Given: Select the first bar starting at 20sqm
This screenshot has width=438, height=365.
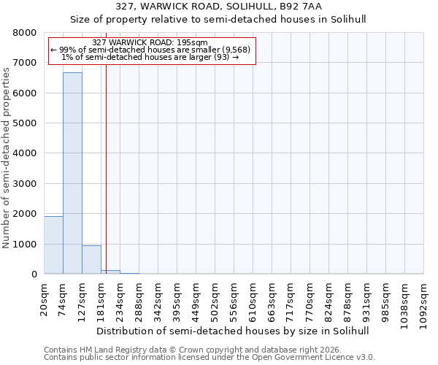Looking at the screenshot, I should click(53, 245).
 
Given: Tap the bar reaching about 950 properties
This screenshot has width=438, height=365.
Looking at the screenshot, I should click(91, 260).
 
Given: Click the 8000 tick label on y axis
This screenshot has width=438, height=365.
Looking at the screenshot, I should click(25, 33).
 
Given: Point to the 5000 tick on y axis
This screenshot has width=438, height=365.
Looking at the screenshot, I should click(25, 123).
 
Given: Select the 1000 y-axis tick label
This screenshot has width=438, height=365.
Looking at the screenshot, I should click(25, 244).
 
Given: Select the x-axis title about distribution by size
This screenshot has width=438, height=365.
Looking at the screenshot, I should click(234, 331).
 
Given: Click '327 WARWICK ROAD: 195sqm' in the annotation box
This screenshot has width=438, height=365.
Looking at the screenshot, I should click(151, 43).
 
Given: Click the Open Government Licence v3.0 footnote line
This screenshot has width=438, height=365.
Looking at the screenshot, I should click(210, 357).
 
